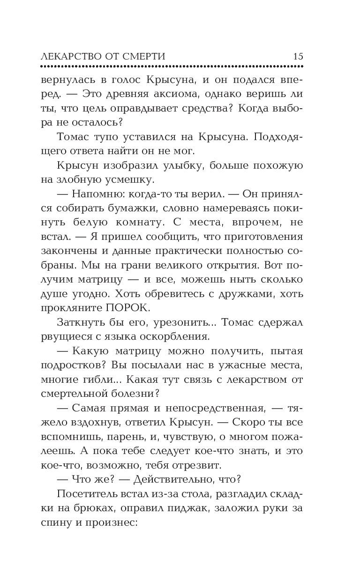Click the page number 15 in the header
tap(298, 56)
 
